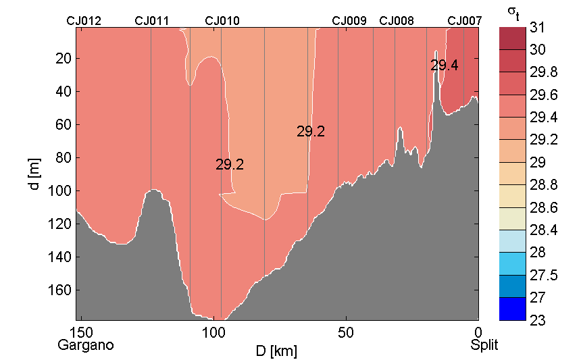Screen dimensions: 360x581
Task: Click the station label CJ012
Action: pyautogui.click(x=84, y=21)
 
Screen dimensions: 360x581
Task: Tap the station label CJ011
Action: pyautogui.click(x=152, y=21)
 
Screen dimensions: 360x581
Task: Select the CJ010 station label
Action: pyautogui.click(x=222, y=21)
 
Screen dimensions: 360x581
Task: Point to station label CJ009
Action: pyautogui.click(x=349, y=21)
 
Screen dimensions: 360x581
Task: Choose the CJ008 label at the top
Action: pyautogui.click(x=397, y=21)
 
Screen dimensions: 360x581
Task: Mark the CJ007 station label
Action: pyautogui.click(x=465, y=21)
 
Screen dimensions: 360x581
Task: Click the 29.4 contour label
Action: pyautogui.click(x=445, y=66)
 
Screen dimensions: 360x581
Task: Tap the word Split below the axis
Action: pyautogui.click(x=484, y=345)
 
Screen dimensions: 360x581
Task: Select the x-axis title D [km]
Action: pyautogui.click(x=276, y=351)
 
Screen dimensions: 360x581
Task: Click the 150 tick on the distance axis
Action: pyautogui.click(x=82, y=332)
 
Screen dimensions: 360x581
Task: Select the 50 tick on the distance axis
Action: pyautogui.click(x=346, y=332)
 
